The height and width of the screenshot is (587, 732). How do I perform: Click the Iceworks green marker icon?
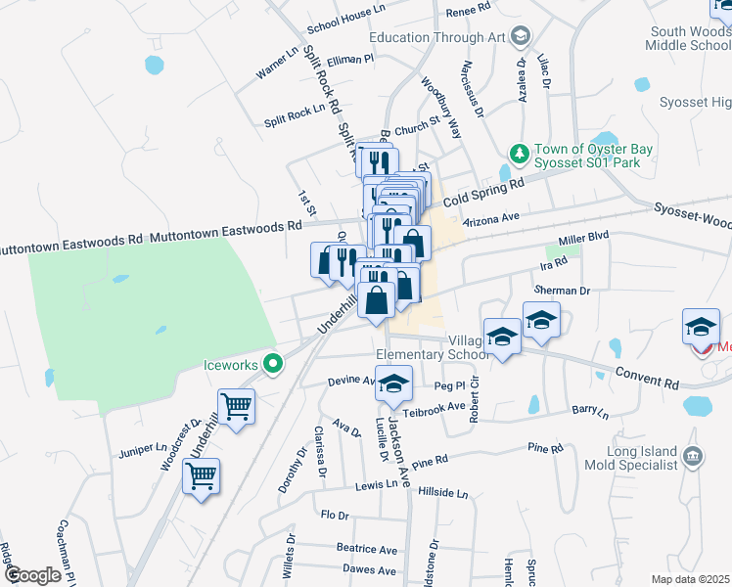275,365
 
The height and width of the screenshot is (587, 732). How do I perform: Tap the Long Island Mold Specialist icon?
693,456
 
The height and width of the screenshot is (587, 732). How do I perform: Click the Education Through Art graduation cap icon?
522,37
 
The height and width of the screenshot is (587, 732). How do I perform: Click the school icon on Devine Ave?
393,384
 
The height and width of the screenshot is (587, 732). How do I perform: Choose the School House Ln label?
348,30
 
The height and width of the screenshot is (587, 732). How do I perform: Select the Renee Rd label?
467,10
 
